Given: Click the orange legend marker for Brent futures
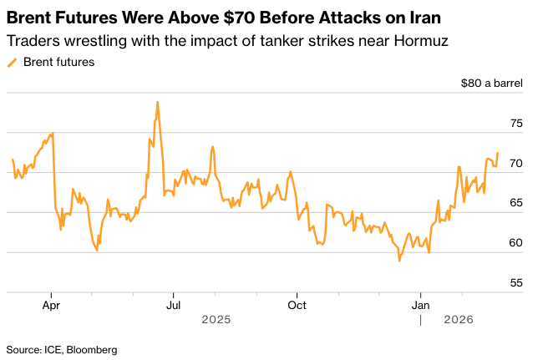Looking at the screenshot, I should pos(12,62).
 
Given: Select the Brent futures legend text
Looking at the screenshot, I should pos(58,62).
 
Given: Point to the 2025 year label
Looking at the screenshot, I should pos(216,319).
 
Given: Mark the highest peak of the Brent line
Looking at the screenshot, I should pos(157,102).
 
